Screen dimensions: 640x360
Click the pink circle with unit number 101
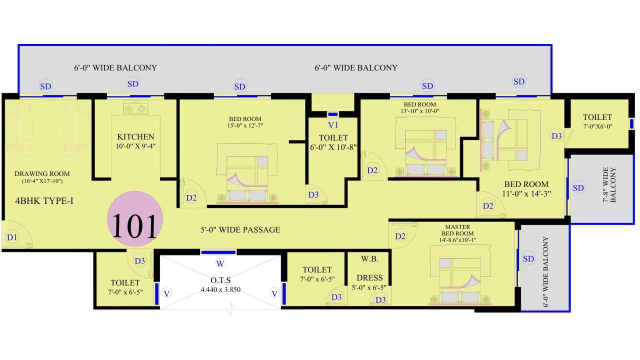click(x=135, y=218)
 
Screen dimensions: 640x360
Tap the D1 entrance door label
click(x=12, y=237)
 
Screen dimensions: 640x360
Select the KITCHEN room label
click(x=135, y=136)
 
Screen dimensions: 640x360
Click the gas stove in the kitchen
click(x=135, y=107)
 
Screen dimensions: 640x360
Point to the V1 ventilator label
click(x=333, y=125)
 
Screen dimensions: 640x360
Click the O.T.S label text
click(x=220, y=280)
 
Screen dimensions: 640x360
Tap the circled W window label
click(x=220, y=263)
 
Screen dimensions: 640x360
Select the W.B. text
click(x=369, y=259)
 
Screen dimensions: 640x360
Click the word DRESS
click(x=369, y=277)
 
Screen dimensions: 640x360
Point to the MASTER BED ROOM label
click(x=457, y=230)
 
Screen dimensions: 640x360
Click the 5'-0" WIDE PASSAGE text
click(x=240, y=229)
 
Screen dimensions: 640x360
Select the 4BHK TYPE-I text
click(x=44, y=201)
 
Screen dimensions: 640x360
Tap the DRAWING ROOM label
click(x=42, y=173)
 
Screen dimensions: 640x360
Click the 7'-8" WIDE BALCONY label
click(x=609, y=185)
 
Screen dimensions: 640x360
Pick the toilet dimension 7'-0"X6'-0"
click(x=597, y=126)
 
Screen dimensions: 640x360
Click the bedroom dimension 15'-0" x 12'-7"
click(x=245, y=125)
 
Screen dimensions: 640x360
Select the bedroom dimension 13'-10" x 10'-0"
click(x=419, y=111)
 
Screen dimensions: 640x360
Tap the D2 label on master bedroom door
click(x=400, y=236)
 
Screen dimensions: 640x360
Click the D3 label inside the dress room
click(x=380, y=299)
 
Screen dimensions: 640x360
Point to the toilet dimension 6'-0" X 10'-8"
click(x=333, y=147)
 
